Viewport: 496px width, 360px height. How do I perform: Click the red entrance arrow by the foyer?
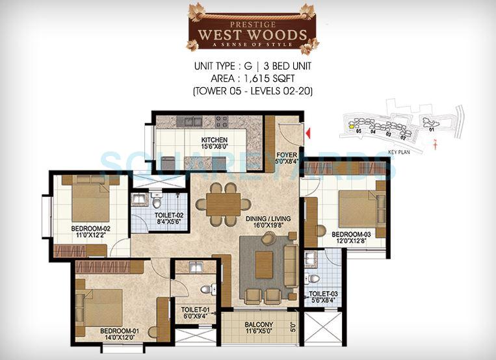pyautogui.click(x=309, y=133)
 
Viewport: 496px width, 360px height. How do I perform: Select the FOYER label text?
pyautogui.click(x=287, y=155)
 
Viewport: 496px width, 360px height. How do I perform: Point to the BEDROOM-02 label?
pyautogui.click(x=90, y=229)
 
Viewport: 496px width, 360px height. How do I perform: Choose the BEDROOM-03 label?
pyautogui.click(x=351, y=234)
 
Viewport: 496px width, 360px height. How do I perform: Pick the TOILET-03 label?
pyautogui.click(x=322, y=294)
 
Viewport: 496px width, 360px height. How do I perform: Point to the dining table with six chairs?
pyautogui.click(x=218, y=202)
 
